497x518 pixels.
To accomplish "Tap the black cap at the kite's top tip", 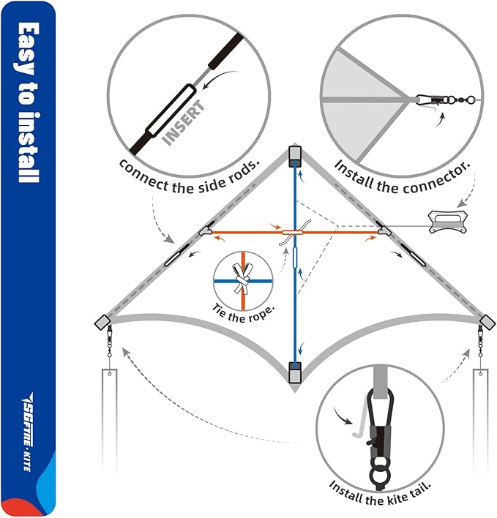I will tap(296, 154).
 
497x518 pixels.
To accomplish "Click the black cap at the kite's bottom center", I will tap(296, 372).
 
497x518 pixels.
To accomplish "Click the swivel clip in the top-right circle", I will tap(440, 98).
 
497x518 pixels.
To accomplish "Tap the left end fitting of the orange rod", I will tap(206, 232).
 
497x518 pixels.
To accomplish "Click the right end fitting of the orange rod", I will tap(384, 232).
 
